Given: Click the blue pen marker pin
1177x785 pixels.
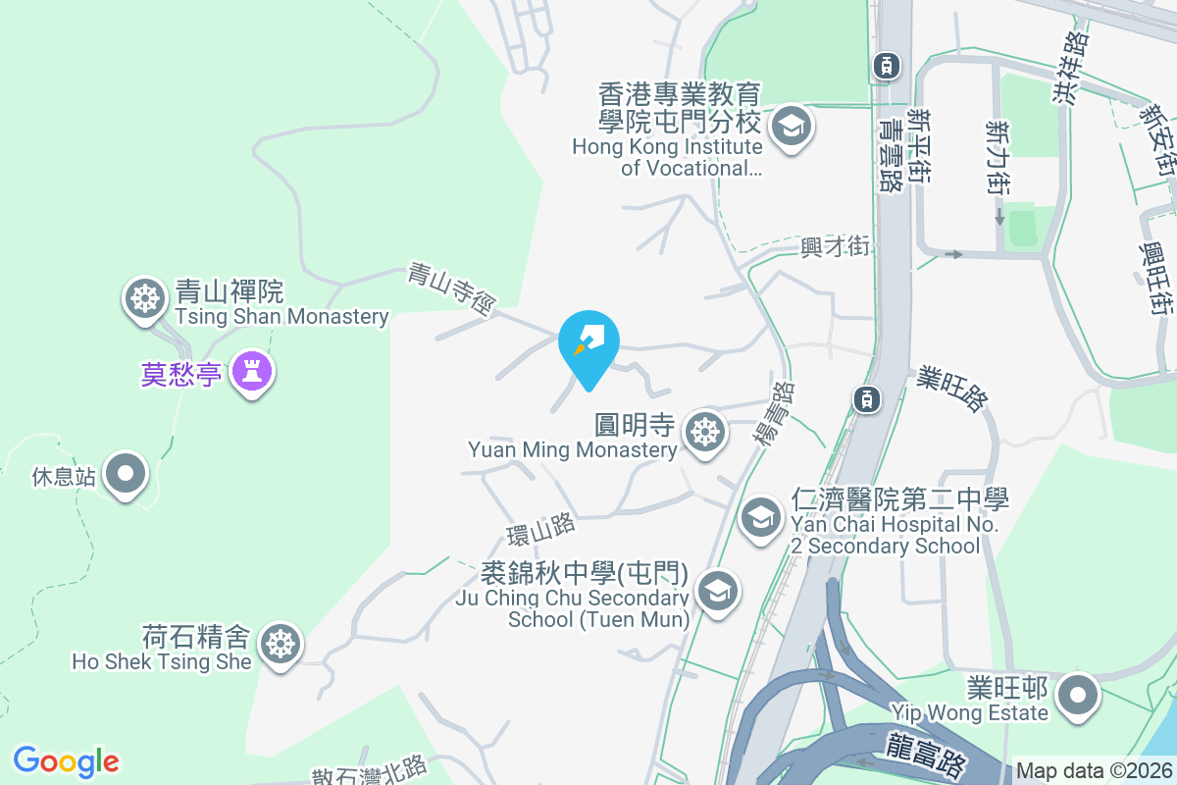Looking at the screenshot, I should coord(588,340).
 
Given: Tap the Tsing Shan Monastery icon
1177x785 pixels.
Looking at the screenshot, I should coord(145,297).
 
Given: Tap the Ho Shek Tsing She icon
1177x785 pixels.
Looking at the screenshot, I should coord(281,644).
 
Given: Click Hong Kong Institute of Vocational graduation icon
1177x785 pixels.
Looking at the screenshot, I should coord(789,126).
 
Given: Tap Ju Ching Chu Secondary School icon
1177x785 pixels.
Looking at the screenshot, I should coord(718,591).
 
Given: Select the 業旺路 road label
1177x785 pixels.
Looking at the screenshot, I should coord(952,389).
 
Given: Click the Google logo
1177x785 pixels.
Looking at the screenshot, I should coord(66,761).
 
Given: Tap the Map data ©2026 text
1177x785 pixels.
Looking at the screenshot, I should coord(1093,770).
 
